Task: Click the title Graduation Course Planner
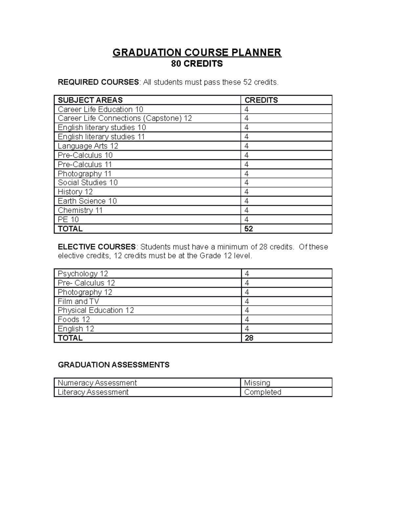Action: [x=197, y=52]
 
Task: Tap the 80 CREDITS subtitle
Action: [x=197, y=64]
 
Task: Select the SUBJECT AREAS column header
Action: [x=90, y=100]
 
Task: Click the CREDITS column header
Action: [x=261, y=100]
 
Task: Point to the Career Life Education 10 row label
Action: [x=100, y=109]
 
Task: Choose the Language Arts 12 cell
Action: [x=88, y=146]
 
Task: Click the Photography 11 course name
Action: [x=85, y=173]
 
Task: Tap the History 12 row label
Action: [x=75, y=192]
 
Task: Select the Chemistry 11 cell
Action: [x=80, y=210]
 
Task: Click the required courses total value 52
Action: [x=249, y=229]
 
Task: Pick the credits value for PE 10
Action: [x=246, y=219]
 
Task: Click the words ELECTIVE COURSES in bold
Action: [x=97, y=247]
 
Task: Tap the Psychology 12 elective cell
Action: [x=83, y=274]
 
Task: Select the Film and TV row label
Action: [x=78, y=301]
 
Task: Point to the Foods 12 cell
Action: [x=74, y=320]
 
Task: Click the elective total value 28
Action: [x=249, y=338]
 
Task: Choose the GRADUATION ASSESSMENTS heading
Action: [x=114, y=365]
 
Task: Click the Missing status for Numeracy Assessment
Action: [x=257, y=383]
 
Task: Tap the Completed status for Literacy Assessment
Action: [x=263, y=392]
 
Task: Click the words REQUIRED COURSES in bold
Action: [x=98, y=82]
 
